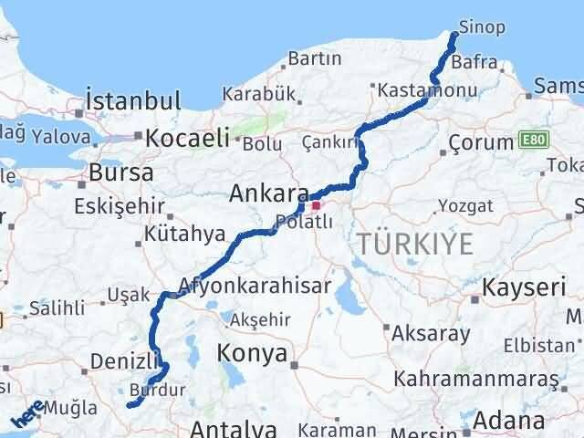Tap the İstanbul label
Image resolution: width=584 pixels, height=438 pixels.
[x=133, y=99]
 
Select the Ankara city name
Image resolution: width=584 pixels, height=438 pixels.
[x=268, y=194]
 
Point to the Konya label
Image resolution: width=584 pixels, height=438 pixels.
[x=252, y=353]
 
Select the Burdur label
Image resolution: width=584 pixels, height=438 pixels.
[x=158, y=390]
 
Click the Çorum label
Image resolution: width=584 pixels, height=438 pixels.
[x=482, y=142]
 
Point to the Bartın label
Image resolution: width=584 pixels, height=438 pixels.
[x=314, y=59]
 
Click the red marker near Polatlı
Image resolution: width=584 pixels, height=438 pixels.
[x=316, y=207]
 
